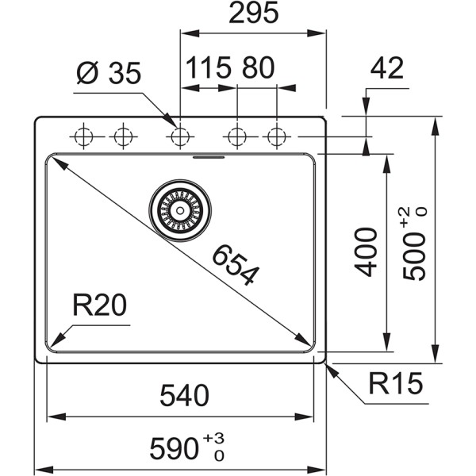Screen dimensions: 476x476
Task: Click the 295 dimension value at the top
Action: coord(253,13)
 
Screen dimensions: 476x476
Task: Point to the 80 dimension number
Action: coord(258,68)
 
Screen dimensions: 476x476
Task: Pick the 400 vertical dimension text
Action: coord(366,251)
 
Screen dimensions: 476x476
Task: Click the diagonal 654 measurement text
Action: coord(235,266)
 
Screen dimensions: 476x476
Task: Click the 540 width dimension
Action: coord(182,394)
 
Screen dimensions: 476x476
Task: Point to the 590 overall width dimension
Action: coord(176,449)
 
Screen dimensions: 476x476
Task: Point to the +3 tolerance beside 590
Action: coord(213,439)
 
